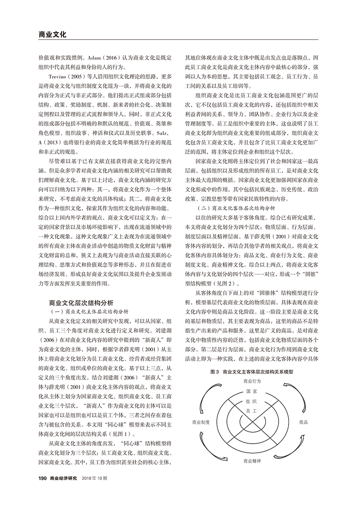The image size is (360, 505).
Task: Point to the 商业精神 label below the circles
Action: click(252, 460)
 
